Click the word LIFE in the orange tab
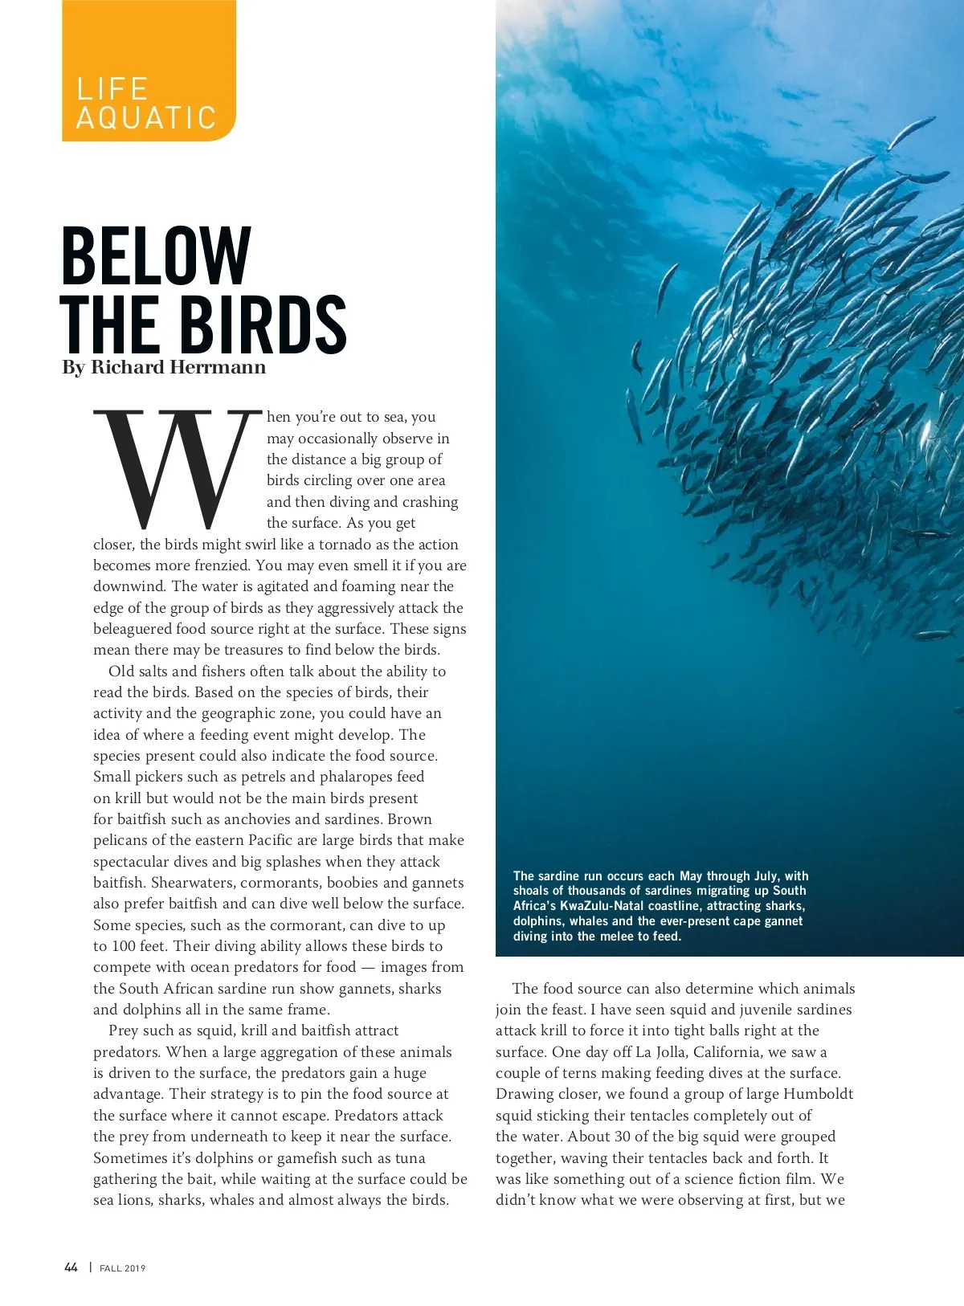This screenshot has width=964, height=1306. [112, 88]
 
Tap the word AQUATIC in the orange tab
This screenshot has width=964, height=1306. [146, 118]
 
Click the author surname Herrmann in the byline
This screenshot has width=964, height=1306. [216, 367]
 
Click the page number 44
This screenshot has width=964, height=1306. [71, 1267]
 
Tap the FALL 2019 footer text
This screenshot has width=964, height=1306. [123, 1268]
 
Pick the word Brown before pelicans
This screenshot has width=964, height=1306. [410, 819]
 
